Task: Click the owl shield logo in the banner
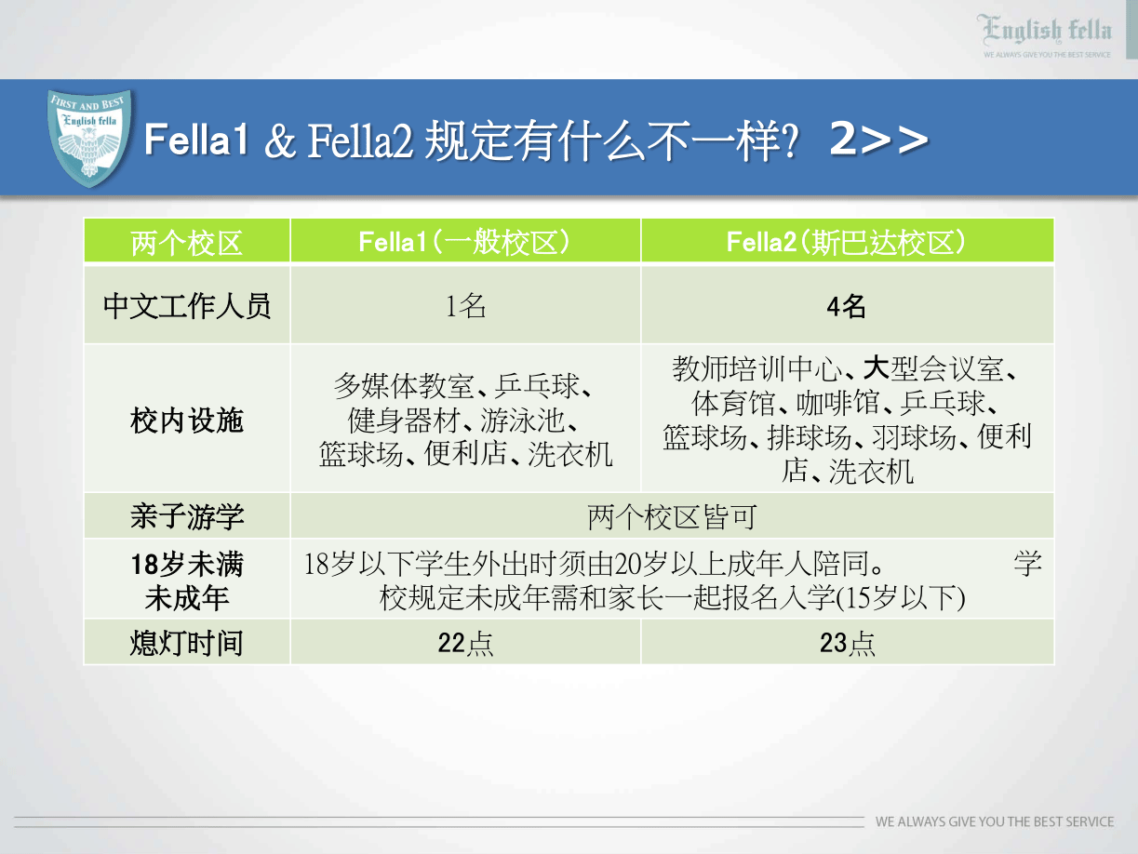pos(89,138)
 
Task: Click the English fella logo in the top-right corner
pos(1046,35)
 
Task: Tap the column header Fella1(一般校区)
pos(464,242)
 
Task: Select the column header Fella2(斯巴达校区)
pos(847,242)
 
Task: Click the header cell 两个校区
pos(187,243)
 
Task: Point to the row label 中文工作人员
pos(187,305)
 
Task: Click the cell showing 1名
pos(465,306)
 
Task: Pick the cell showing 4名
pos(846,306)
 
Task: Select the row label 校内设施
pos(187,420)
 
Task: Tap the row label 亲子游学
pos(187,516)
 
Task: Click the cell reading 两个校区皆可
pos(672,516)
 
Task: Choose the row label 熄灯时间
pos(187,643)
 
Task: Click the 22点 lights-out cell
pos(465,643)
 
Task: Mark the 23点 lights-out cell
pos(847,643)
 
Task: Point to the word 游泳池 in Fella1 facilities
pos(523,420)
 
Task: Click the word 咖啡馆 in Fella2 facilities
pos(838,403)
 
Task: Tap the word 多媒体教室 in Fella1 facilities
pos(403,386)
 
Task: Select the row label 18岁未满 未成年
pos(187,580)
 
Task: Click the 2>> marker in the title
pos(878,139)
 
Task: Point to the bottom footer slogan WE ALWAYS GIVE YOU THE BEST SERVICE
pos(995,821)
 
